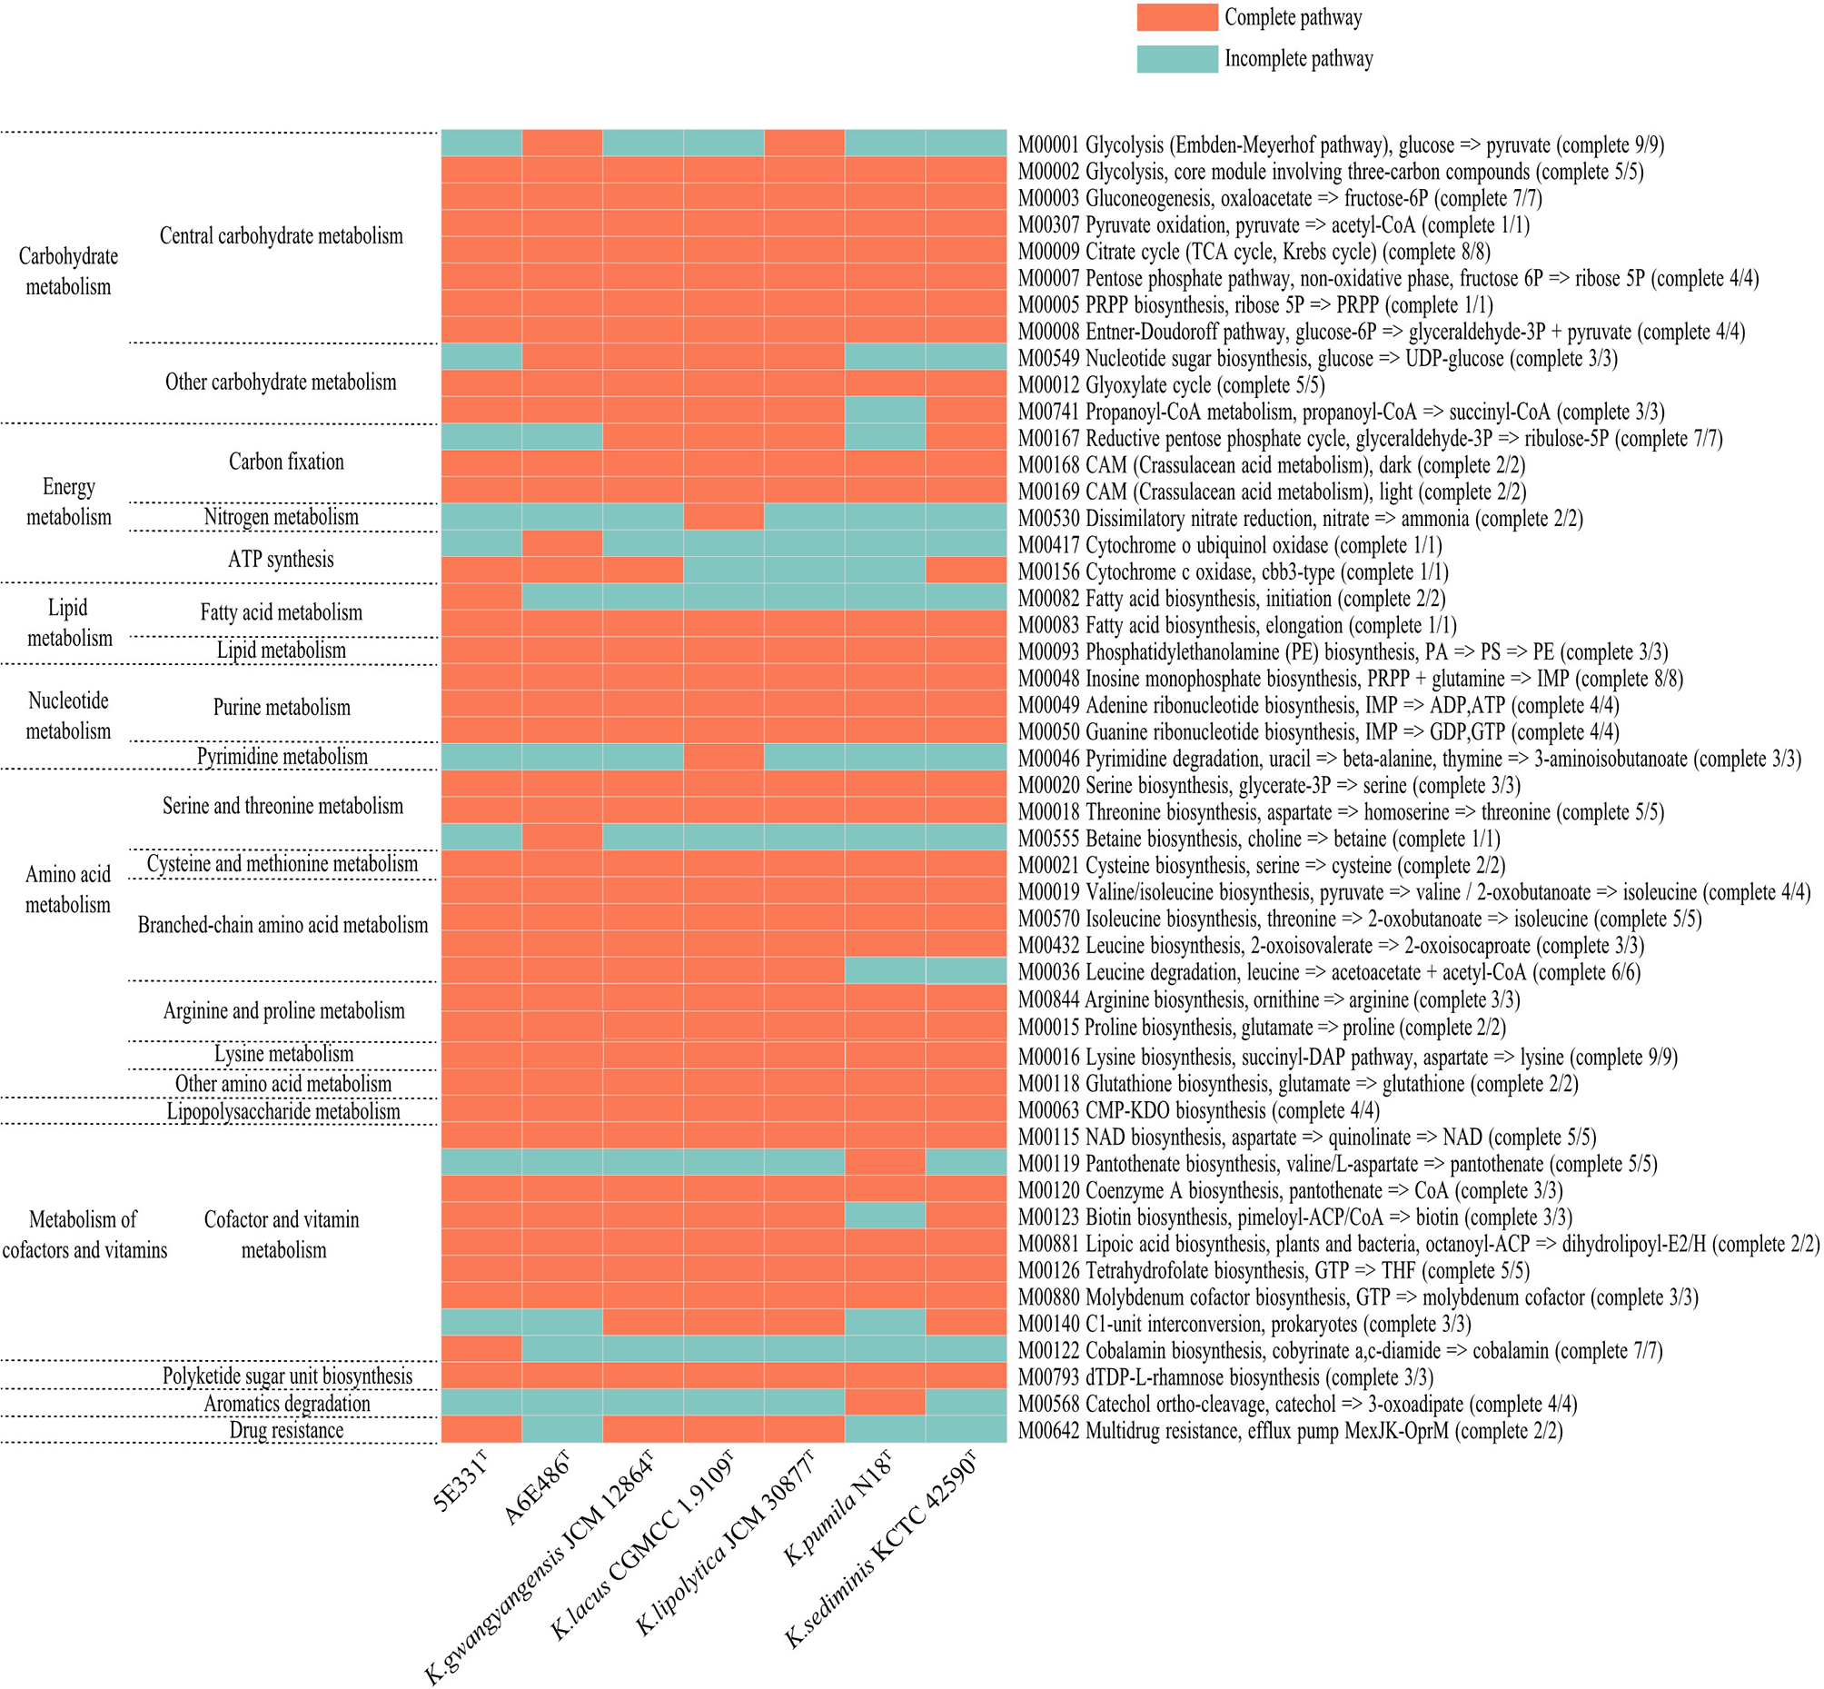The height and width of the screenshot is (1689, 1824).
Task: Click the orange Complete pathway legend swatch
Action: coord(1176,17)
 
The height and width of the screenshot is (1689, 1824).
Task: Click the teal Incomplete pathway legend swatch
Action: coord(1176,58)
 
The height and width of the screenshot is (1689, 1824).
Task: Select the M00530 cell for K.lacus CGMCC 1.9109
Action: coord(723,517)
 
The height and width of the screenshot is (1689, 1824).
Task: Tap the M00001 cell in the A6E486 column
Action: coord(562,144)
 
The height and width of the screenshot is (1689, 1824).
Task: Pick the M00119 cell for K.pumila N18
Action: coord(885,1162)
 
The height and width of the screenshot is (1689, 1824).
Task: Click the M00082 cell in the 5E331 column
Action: coord(481,597)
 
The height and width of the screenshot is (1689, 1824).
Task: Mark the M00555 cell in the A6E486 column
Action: coord(562,837)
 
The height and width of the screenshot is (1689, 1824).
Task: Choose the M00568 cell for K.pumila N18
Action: coord(885,1402)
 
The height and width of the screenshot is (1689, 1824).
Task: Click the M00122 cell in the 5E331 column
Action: coord(481,1349)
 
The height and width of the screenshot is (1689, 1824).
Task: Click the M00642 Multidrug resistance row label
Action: coord(1289,1430)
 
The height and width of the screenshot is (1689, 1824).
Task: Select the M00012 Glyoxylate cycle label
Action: coord(1171,385)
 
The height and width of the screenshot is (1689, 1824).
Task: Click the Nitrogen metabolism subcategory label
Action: coord(282,517)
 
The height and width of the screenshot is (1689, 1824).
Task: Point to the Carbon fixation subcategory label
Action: coord(286,462)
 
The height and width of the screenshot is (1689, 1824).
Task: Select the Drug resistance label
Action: coord(286,1430)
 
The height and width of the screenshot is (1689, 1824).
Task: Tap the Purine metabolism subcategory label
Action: coord(282,707)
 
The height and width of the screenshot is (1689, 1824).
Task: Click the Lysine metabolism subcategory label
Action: coord(283,1054)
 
